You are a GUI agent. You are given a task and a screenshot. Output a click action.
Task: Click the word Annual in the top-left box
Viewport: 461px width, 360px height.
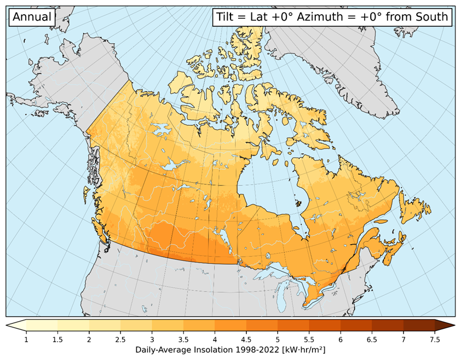[32, 17]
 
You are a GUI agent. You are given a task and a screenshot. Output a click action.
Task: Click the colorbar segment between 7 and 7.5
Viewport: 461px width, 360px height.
[419, 326]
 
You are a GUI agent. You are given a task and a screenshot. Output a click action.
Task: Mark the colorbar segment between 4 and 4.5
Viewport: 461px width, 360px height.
[231, 326]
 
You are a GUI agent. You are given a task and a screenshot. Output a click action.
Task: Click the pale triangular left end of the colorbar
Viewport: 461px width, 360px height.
[16, 326]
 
